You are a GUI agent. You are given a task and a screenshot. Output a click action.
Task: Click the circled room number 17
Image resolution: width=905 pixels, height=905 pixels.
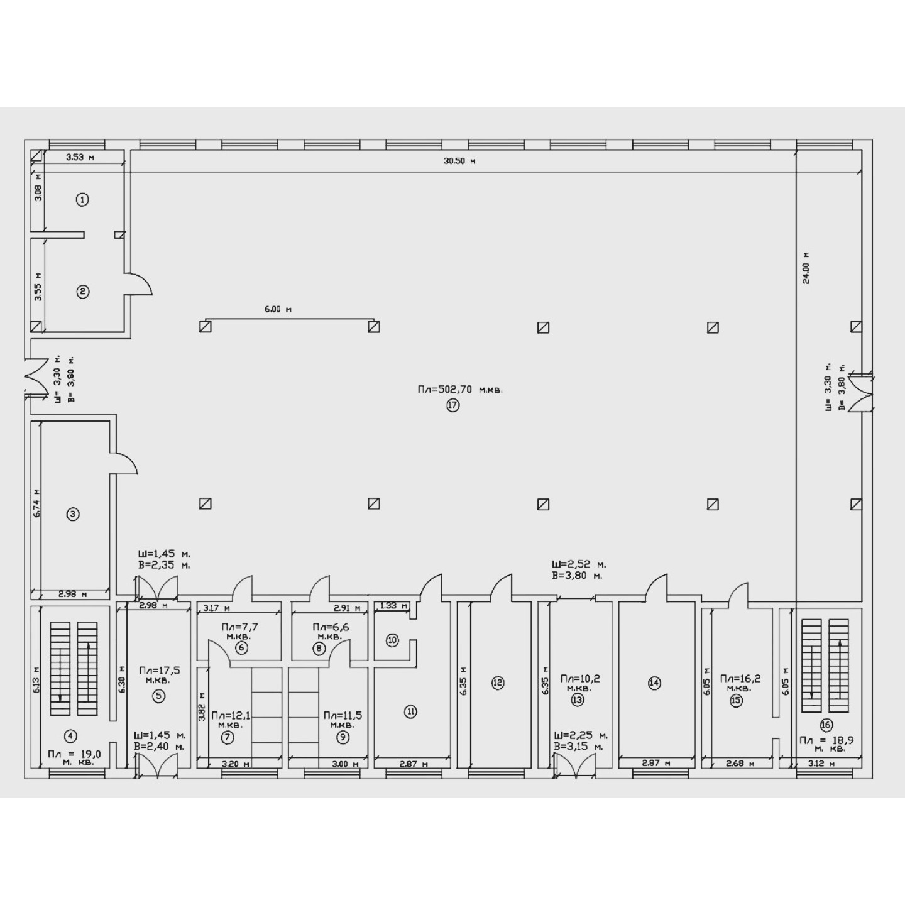[452, 405]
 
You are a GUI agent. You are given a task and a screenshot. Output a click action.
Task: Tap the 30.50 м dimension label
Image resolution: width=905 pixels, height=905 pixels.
[459, 161]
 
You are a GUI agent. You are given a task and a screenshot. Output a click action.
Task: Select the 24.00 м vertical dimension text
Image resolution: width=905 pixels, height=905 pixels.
[806, 268]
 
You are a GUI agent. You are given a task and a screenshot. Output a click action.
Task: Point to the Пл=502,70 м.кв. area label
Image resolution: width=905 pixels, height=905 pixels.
[460, 389]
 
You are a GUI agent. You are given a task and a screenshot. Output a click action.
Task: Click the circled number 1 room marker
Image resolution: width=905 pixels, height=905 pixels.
[83, 200]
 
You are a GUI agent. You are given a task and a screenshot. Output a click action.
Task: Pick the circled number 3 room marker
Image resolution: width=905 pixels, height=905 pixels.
[73, 514]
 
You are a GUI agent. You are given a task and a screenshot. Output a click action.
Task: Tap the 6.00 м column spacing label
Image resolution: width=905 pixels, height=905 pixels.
[278, 309]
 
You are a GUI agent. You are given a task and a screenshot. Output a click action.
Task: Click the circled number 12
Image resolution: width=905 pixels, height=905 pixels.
[498, 683]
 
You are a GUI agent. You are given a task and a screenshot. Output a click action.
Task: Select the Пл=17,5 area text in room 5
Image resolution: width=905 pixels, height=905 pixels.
[159, 670]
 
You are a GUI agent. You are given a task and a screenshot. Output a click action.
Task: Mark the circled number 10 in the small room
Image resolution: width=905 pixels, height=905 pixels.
[393, 640]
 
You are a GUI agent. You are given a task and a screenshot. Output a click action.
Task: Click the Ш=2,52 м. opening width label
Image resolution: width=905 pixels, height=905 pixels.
[579, 564]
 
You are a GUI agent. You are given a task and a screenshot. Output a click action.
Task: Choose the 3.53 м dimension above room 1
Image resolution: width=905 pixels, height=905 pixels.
[80, 157]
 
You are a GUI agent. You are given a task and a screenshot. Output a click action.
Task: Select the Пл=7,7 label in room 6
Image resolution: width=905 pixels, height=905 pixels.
[239, 627]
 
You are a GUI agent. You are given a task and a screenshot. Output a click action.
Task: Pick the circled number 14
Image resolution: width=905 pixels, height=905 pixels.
[654, 683]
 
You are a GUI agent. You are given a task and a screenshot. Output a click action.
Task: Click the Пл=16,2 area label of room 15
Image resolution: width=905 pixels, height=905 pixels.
[740, 679]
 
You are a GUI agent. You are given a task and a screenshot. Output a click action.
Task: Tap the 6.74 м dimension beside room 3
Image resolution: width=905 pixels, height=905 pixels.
[36, 503]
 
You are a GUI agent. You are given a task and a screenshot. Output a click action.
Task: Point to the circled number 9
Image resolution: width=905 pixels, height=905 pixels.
[343, 737]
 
